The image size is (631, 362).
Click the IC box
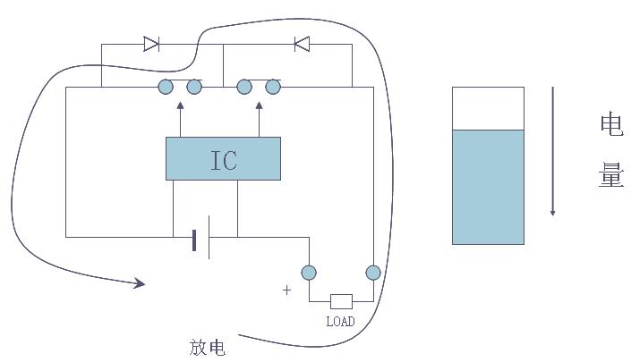tap(223, 158)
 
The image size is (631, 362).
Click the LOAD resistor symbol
tap(341, 301)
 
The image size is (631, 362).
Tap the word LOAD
tap(341, 322)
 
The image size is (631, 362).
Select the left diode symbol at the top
tap(151, 43)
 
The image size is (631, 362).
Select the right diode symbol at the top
tap(302, 43)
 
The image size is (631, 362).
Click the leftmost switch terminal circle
tap(166, 87)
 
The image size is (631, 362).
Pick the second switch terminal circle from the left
tap(194, 87)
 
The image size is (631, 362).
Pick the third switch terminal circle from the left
tap(244, 87)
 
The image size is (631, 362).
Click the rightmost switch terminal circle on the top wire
tap(273, 87)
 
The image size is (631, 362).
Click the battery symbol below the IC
tap(201, 238)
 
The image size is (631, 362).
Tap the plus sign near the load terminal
tap(287, 290)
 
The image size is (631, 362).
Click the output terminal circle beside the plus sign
tap(309, 273)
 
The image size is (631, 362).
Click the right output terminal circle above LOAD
tap(373, 273)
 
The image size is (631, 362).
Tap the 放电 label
tap(208, 347)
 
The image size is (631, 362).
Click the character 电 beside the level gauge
tap(611, 124)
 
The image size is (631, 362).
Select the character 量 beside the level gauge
tap(611, 175)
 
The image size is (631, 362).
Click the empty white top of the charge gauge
tap(488, 108)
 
